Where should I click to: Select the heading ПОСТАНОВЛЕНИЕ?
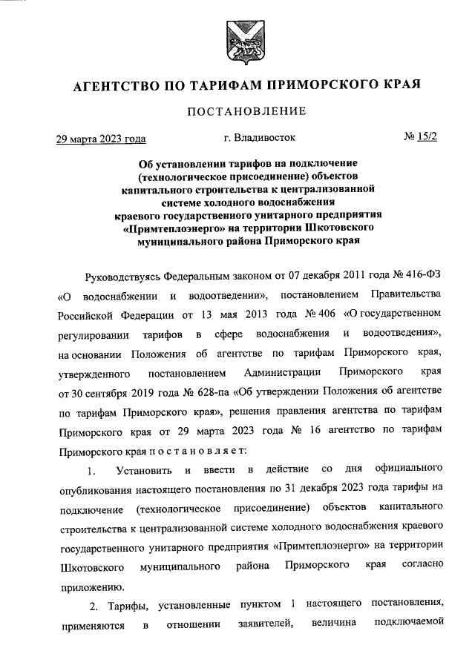(246, 112)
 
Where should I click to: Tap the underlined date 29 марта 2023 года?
(101, 139)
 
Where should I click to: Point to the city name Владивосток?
(266, 138)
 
